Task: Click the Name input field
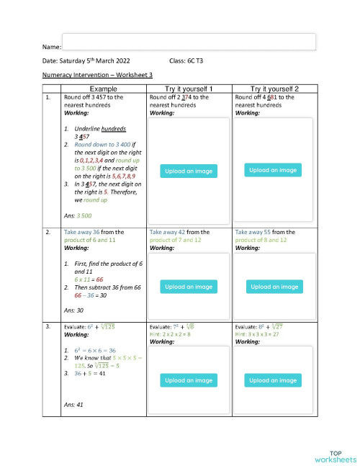(x=189, y=41)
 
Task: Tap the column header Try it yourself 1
(x=189, y=88)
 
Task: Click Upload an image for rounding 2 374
(x=189, y=171)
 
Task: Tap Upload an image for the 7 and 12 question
(x=189, y=287)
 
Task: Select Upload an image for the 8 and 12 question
(x=274, y=287)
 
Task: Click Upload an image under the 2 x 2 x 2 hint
(x=189, y=380)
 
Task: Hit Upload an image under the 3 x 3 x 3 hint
(x=274, y=380)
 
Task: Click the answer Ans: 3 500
(x=78, y=215)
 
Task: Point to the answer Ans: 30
(x=73, y=310)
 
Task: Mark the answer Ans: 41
(x=73, y=405)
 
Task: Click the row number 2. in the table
(x=48, y=233)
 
